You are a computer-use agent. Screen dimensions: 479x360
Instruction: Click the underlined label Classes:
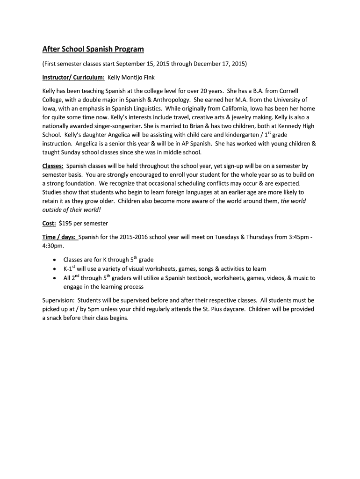(x=53, y=166)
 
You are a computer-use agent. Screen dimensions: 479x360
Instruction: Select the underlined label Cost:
(x=49, y=223)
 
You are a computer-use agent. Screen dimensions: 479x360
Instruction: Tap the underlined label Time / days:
(x=59, y=237)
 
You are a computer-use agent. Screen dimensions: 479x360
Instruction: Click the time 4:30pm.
(x=53, y=246)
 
